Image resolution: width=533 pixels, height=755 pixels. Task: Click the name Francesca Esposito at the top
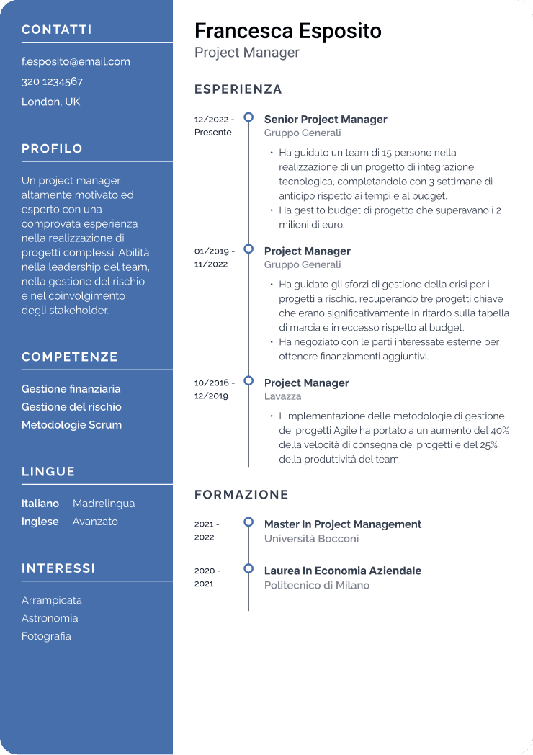pyautogui.click(x=287, y=31)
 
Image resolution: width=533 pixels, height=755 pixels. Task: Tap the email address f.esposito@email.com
pyautogui.click(x=76, y=62)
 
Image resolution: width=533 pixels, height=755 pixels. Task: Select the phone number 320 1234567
pyautogui.click(x=52, y=81)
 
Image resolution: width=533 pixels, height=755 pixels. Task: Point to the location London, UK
pyautogui.click(x=50, y=102)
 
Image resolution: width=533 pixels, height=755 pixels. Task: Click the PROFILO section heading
pyautogui.click(x=52, y=148)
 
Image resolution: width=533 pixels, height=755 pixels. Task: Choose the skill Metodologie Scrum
pyautogui.click(x=71, y=425)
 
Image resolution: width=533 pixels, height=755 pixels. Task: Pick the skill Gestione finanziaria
pyautogui.click(x=71, y=389)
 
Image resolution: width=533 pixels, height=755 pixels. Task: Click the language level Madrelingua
pyautogui.click(x=104, y=504)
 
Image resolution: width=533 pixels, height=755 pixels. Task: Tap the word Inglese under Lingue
pyautogui.click(x=40, y=522)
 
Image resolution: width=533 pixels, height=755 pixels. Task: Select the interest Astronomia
pyautogui.click(x=50, y=618)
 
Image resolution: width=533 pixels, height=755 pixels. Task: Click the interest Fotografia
pyautogui.click(x=46, y=636)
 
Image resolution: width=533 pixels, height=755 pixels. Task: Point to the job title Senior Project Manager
pyautogui.click(x=326, y=120)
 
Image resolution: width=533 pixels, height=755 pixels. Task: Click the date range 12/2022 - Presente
pyautogui.click(x=214, y=126)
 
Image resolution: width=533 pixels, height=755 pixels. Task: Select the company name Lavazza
pyautogui.click(x=282, y=396)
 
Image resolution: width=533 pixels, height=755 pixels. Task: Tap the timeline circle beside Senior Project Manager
pyautogui.click(x=248, y=117)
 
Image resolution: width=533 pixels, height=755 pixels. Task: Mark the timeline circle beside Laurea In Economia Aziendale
pyautogui.click(x=248, y=568)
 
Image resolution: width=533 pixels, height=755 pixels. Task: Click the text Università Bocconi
pyautogui.click(x=311, y=539)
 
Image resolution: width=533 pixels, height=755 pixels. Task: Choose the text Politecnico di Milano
pyautogui.click(x=316, y=586)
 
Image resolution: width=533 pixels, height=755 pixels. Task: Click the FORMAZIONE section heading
pyautogui.click(x=241, y=495)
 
